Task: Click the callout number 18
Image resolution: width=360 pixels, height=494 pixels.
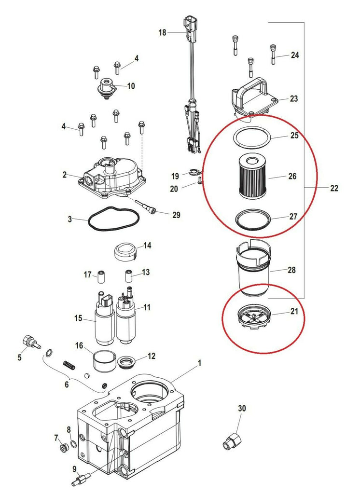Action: pyautogui.click(x=162, y=32)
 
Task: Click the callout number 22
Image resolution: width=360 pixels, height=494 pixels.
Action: pyautogui.click(x=334, y=188)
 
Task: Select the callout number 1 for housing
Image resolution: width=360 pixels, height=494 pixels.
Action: pyautogui.click(x=199, y=362)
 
